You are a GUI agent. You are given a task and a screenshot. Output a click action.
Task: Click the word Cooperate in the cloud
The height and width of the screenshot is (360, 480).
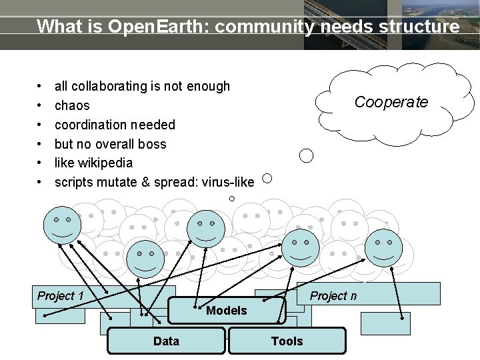point(391,102)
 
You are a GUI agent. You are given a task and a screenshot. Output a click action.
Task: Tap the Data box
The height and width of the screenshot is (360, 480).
point(166,341)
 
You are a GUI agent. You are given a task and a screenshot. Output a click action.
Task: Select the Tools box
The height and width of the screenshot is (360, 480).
point(287,341)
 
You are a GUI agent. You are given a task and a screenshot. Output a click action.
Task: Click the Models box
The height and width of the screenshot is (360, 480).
point(227,311)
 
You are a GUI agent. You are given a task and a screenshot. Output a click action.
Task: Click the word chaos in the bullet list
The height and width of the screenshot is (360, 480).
point(72,105)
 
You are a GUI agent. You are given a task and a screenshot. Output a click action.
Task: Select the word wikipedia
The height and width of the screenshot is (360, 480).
point(105,163)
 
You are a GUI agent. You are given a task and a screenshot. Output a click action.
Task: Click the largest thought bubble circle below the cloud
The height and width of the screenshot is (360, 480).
point(307,156)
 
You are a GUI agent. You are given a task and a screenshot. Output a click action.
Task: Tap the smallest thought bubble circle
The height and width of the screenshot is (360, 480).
point(231,199)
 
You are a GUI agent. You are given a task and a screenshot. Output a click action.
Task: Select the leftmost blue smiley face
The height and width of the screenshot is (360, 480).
point(62,225)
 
